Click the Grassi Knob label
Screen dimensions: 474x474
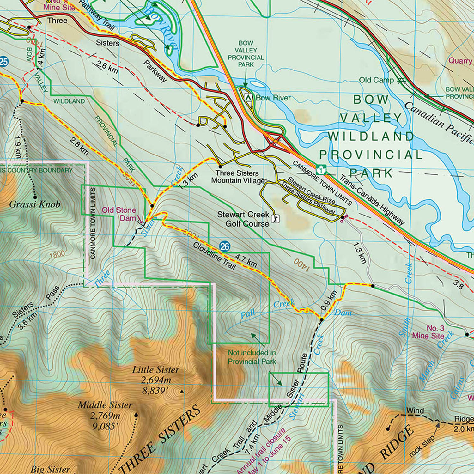pos(35,204)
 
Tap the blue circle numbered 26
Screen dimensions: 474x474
pos(224,246)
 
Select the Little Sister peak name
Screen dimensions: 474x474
pos(155,370)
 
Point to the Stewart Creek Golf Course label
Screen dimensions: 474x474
pos(243,219)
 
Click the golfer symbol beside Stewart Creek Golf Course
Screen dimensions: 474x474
pos(276,218)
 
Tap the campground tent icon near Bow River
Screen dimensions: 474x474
pos(249,97)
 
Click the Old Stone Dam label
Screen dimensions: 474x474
pos(118,214)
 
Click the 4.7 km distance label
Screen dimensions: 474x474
pos(246,260)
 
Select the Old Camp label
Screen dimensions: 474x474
pos(376,80)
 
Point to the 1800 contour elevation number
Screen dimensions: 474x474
pos(57,254)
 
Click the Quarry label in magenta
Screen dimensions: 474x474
pos(460,60)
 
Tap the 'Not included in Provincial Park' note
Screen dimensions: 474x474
pos(252,357)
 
